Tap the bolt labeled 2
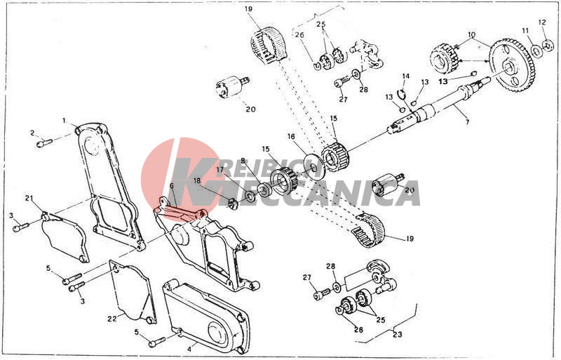[43, 143]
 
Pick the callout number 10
[471, 34]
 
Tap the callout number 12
[541, 22]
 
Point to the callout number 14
[405, 76]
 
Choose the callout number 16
[290, 136]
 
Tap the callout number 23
[398, 334]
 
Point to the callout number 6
[170, 187]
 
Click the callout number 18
[197, 181]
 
